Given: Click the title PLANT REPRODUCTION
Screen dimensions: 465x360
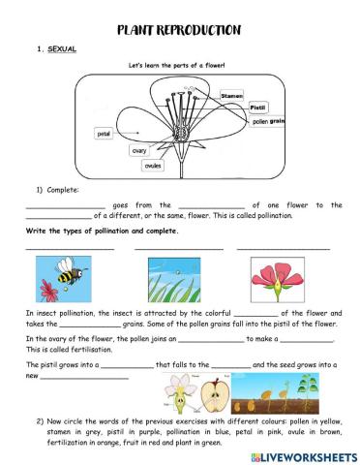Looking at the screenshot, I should point(179,30).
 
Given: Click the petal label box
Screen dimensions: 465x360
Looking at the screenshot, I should point(105,134).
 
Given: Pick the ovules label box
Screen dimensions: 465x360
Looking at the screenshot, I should point(153,165).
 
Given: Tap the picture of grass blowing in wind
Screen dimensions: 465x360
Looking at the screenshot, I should point(174,277).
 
